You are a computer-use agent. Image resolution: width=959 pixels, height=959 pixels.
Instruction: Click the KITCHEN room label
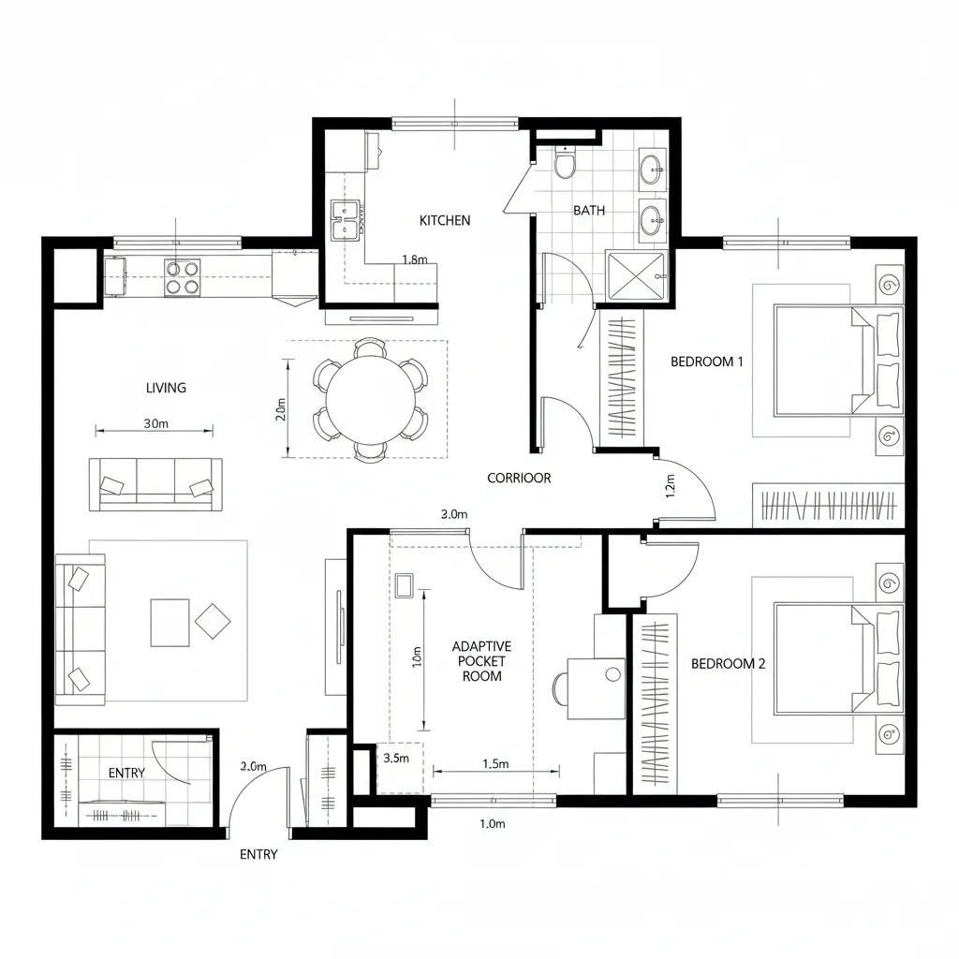click(x=445, y=221)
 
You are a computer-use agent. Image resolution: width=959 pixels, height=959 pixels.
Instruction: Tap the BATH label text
click(x=589, y=211)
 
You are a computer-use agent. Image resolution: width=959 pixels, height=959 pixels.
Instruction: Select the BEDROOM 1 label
click(x=707, y=361)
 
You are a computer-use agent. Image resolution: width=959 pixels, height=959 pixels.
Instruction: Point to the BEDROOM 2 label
click(x=728, y=664)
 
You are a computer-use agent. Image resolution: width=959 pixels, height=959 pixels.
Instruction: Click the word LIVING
click(x=166, y=388)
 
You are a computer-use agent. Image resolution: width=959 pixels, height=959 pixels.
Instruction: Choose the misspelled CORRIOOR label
click(x=519, y=478)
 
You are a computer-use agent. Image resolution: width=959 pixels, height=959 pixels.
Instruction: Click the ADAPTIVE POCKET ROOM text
click(x=481, y=661)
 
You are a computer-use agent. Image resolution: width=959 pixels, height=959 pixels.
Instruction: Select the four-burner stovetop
click(x=183, y=278)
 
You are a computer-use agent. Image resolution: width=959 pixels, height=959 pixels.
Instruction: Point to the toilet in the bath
click(x=565, y=165)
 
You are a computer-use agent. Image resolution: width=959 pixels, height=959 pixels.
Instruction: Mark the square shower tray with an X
click(x=636, y=278)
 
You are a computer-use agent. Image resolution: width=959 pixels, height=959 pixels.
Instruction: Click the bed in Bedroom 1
click(x=824, y=360)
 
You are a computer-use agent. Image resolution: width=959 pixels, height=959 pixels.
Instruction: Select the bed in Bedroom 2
click(x=824, y=658)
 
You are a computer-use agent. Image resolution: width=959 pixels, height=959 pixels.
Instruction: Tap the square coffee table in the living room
click(x=170, y=623)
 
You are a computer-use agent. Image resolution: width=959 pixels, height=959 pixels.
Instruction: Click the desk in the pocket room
click(x=596, y=688)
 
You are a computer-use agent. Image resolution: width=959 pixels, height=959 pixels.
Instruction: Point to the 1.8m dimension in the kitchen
click(x=414, y=260)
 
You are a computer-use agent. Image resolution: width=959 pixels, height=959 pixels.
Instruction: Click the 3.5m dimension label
click(x=396, y=759)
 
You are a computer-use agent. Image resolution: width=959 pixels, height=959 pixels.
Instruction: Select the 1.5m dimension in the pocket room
click(x=494, y=764)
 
